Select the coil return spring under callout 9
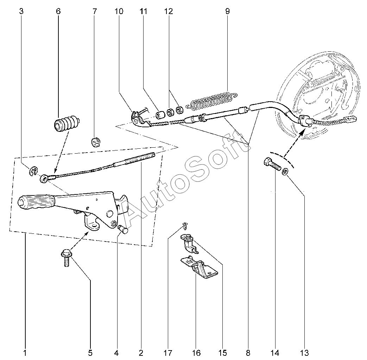pyautogui.click(x=213, y=100)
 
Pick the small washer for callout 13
pyautogui.click(x=285, y=171)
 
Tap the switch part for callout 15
pyautogui.click(x=189, y=243)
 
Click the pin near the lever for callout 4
pyautogui.click(x=123, y=230)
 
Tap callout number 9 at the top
pyautogui.click(x=227, y=11)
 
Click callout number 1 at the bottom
pyautogui.click(x=25, y=352)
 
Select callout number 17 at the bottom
pyautogui.click(x=168, y=352)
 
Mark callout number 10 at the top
pyautogui.click(x=119, y=11)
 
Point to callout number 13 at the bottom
pyautogui.click(x=304, y=352)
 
